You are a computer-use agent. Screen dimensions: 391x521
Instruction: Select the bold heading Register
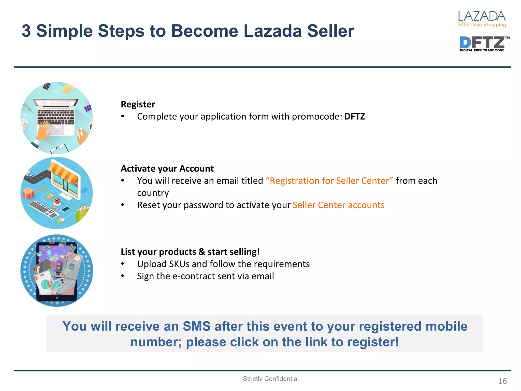[x=138, y=104]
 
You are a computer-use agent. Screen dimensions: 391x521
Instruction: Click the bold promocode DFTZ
[x=354, y=117]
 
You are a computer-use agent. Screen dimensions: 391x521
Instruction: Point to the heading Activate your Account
[x=167, y=169]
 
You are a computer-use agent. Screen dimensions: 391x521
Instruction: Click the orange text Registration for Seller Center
[x=329, y=181]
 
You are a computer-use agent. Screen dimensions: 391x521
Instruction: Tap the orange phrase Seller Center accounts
[x=338, y=205]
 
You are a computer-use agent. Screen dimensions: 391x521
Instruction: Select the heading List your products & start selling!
[x=190, y=252]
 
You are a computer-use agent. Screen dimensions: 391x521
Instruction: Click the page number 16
[x=502, y=381]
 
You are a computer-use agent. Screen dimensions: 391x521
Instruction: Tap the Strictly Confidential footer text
[x=270, y=379]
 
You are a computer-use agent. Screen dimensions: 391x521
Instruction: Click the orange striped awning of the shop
[x=64, y=173]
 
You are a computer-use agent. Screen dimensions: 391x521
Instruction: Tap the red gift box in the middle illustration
[x=28, y=193]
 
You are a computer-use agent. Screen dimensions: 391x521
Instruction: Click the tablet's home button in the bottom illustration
[x=57, y=298]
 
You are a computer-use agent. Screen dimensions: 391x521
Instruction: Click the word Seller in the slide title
[x=330, y=31]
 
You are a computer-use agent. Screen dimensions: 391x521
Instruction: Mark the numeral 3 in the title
[x=26, y=31]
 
